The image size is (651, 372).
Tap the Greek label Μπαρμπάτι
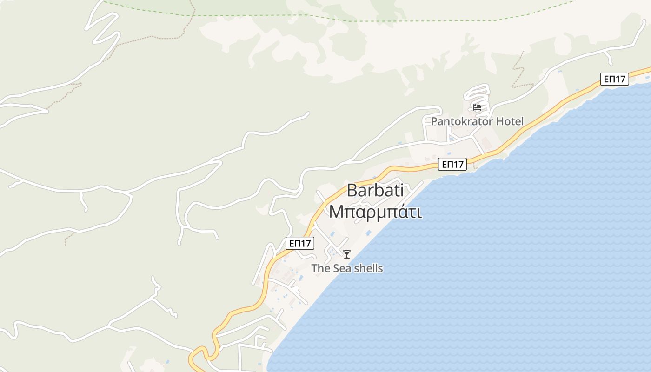pyautogui.click(x=375, y=212)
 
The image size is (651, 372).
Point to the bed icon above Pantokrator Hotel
pyautogui.click(x=477, y=107)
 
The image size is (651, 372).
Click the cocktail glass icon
pyautogui.click(x=347, y=254)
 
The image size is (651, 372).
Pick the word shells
pyautogui.click(x=367, y=268)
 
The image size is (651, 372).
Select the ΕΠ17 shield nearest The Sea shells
pyautogui.click(x=300, y=243)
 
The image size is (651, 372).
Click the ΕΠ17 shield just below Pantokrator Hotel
pyautogui.click(x=452, y=164)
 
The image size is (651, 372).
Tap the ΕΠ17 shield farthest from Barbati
pyautogui.click(x=614, y=79)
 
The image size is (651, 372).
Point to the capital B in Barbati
pyautogui.click(x=352, y=191)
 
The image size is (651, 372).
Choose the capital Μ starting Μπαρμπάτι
pyautogui.click(x=335, y=212)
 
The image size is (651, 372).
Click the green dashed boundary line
pyautogui.click(x=418, y=21)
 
